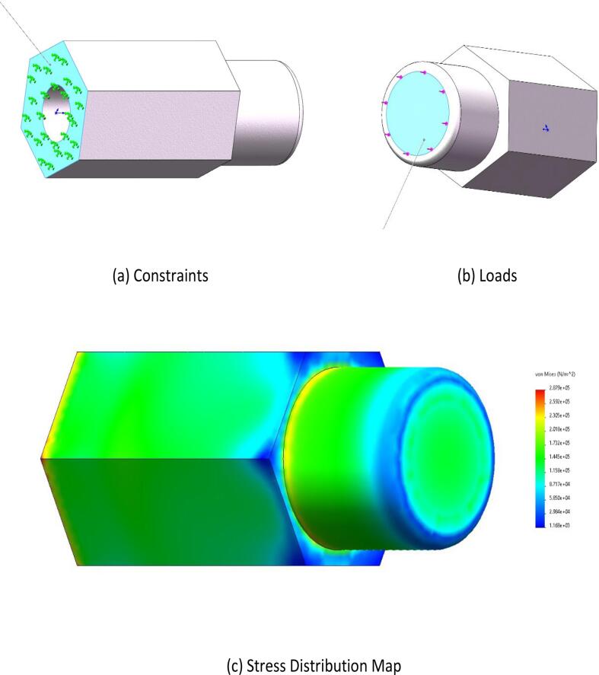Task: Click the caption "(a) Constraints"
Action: [161, 275]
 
